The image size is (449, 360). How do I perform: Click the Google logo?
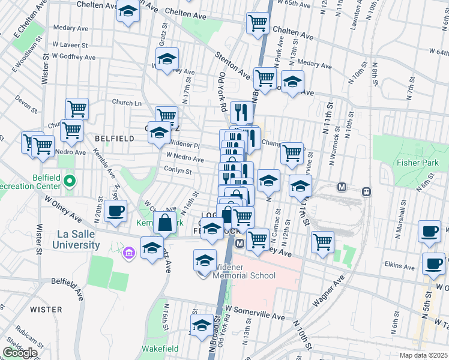tap(20, 353)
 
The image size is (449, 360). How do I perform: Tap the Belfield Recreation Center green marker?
tap(70, 179)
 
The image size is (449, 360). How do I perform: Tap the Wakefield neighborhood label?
tap(160, 349)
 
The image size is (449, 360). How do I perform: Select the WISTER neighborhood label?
tap(46, 310)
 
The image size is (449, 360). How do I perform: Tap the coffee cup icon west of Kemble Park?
tap(115, 211)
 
